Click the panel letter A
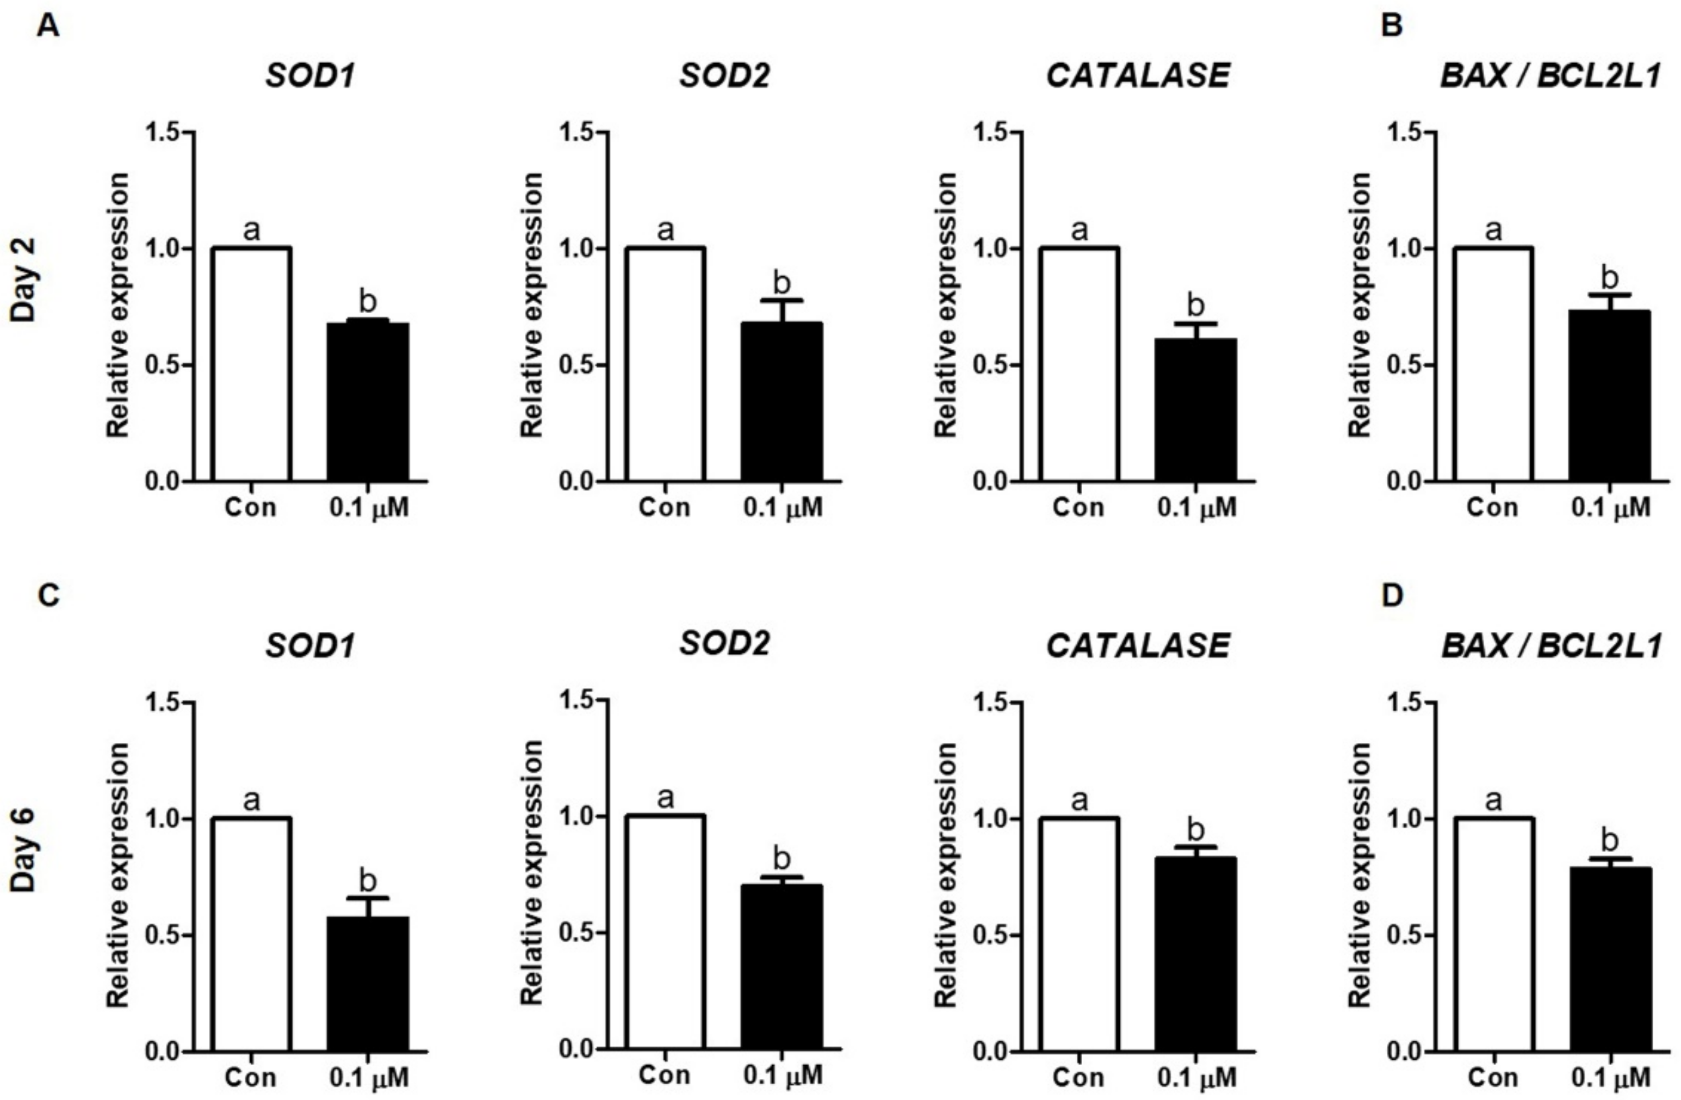(x=47, y=27)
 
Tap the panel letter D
(x=1392, y=596)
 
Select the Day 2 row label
(x=24, y=280)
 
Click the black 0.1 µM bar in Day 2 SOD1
(x=367, y=402)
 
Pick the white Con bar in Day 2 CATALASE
(x=1078, y=364)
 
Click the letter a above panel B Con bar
(x=1492, y=230)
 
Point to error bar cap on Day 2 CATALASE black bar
(x=1196, y=324)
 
